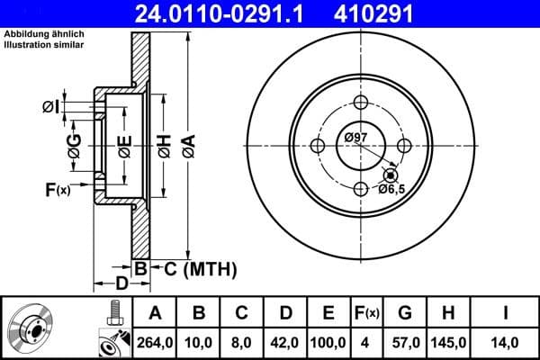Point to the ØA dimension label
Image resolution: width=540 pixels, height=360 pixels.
pyautogui.click(x=187, y=145)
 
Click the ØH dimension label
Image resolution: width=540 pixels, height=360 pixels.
pyautogui.click(x=164, y=145)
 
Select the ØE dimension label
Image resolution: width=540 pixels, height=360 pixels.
pyautogui.click(x=124, y=145)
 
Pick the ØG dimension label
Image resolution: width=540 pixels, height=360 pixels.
pyautogui.click(x=75, y=145)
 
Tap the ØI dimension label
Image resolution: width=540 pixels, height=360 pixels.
pyautogui.click(x=51, y=107)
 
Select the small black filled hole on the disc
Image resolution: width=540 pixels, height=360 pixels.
pyautogui.click(x=389, y=175)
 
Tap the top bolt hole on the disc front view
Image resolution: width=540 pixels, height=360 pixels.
pyautogui.click(x=361, y=102)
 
